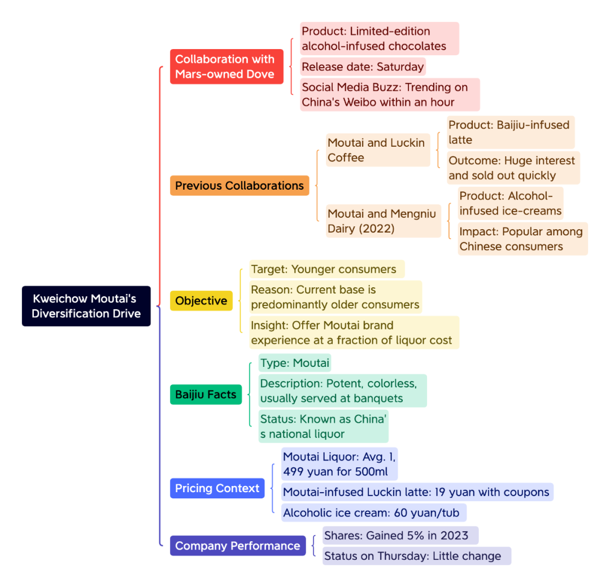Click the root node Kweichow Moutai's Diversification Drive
(x=86, y=306)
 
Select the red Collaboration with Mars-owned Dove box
(x=226, y=67)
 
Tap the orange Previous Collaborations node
(x=239, y=186)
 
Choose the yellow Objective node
(x=201, y=300)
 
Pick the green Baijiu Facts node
(x=206, y=394)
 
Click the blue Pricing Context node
(x=217, y=488)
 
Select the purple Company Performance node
(x=238, y=545)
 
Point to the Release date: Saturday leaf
(x=363, y=67)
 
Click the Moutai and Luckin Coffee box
(x=378, y=150)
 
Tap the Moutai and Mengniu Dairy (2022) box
(x=383, y=221)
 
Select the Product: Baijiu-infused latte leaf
(x=511, y=132)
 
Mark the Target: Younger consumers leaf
(x=327, y=269)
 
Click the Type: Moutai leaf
(x=295, y=363)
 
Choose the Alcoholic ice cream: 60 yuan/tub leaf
(x=374, y=512)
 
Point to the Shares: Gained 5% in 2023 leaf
(x=400, y=535)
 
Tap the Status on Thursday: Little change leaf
(x=417, y=556)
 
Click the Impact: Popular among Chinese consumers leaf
(x=522, y=239)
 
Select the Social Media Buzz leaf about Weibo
(x=390, y=94)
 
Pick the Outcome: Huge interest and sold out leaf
(x=513, y=168)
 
